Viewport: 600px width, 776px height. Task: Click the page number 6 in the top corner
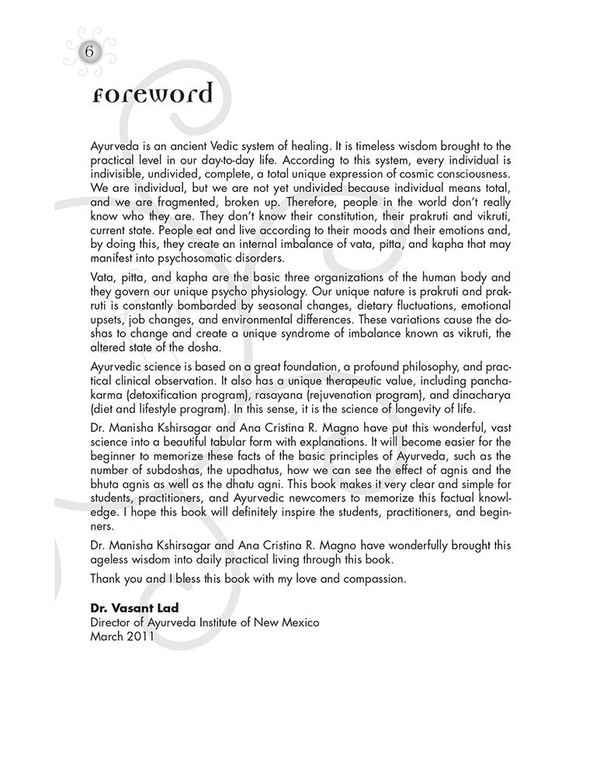(89, 52)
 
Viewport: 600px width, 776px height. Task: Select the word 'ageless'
(112, 559)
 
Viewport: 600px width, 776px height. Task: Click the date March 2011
(122, 635)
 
